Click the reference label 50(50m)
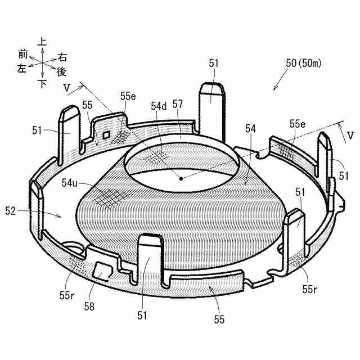click(x=303, y=64)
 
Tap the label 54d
click(x=159, y=105)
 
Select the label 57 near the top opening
click(x=178, y=104)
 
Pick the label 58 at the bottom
click(x=89, y=306)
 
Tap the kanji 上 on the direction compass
click(x=42, y=42)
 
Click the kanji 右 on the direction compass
click(x=62, y=57)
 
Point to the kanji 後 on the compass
click(x=62, y=72)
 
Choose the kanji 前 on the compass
click(x=22, y=54)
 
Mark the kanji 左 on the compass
click(x=22, y=69)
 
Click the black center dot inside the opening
click(x=181, y=179)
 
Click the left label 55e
click(x=128, y=96)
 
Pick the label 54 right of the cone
click(x=250, y=129)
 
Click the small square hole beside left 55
click(x=105, y=135)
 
